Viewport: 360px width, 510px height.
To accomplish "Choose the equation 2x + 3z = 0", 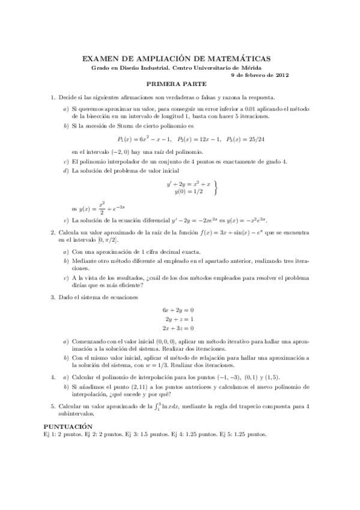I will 178,328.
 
